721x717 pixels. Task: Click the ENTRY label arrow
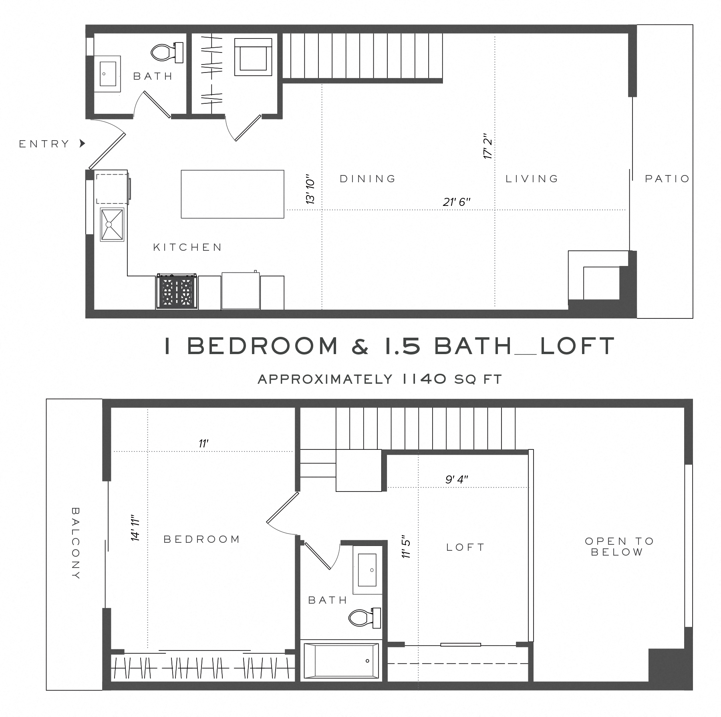point(83,143)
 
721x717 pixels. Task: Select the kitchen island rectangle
point(232,194)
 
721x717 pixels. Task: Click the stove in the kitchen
point(177,292)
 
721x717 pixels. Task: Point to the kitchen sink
point(112,224)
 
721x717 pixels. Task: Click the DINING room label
point(368,179)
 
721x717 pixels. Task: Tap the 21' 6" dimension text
point(456,202)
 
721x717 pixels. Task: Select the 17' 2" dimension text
point(488,147)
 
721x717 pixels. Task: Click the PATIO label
point(667,179)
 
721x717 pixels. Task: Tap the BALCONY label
point(75,543)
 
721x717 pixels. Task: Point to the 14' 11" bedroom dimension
point(136,528)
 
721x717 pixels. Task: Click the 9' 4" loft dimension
point(457,479)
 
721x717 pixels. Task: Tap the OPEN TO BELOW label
point(619,546)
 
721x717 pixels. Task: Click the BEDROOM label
point(202,539)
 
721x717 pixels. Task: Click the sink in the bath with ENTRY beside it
point(107,74)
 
